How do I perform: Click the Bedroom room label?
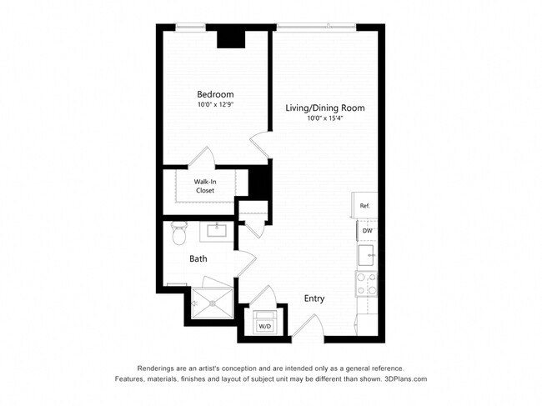pos(215,94)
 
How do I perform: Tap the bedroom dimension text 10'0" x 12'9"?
pos(215,105)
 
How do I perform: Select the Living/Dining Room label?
pos(325,108)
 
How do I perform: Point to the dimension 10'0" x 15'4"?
pos(325,118)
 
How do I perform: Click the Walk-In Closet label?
pos(204,186)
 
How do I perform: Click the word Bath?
pos(198,258)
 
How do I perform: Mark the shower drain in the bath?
pos(213,303)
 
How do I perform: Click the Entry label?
pos(314,298)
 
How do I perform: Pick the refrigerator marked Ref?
pos(364,205)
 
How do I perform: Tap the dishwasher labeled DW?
pos(366,230)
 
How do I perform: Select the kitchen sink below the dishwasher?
pos(366,253)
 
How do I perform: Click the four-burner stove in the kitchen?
pos(366,283)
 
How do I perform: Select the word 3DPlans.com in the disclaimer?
pos(405,379)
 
